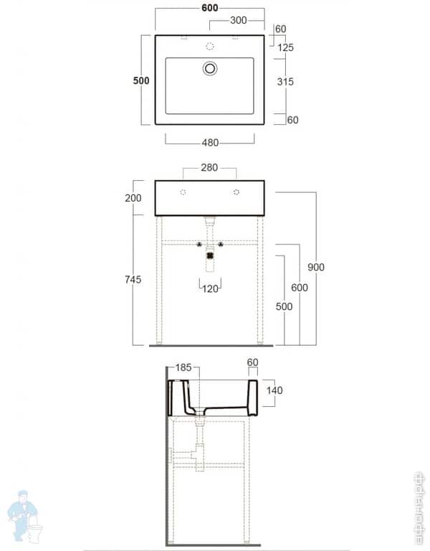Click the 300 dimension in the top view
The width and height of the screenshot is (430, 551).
(x=239, y=20)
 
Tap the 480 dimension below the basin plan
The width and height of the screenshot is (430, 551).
(x=210, y=143)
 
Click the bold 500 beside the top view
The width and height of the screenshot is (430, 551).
(x=140, y=80)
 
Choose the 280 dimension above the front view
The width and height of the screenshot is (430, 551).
(x=209, y=169)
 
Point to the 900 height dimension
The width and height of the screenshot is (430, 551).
(x=316, y=267)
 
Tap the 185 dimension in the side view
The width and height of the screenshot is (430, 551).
(x=183, y=367)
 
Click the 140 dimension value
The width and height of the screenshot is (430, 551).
(x=274, y=391)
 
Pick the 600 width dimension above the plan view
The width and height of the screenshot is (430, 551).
(x=209, y=8)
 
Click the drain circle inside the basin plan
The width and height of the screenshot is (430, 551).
(x=210, y=69)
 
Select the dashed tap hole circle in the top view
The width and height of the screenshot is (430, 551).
(x=210, y=47)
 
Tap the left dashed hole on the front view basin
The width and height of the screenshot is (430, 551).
(x=183, y=192)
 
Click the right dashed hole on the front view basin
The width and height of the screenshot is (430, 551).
(x=236, y=192)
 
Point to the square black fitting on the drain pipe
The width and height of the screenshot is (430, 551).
(x=210, y=253)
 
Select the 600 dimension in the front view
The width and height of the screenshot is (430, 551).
(x=300, y=288)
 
